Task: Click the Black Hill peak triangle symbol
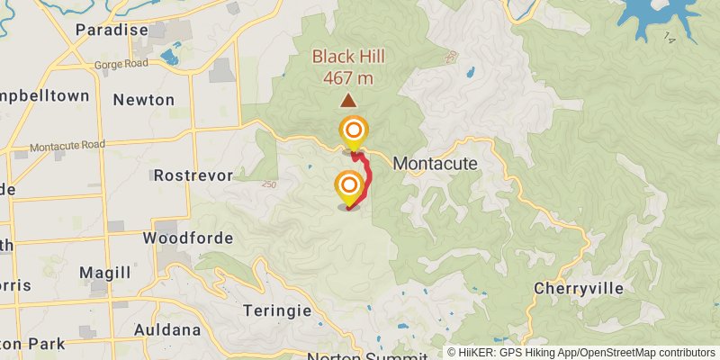point(347,102)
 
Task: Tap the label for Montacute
point(435,165)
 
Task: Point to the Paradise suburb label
point(112,30)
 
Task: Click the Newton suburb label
point(143,100)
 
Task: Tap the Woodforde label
point(188,238)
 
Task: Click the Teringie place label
point(277,310)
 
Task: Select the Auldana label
point(166,329)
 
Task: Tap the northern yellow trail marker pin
point(353,132)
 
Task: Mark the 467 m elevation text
point(348,77)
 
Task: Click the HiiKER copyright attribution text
point(581,353)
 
